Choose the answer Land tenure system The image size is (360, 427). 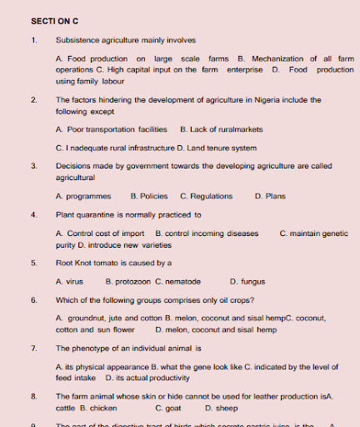point(219,148)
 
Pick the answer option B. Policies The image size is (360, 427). point(149,197)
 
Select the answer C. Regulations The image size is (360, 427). point(206,197)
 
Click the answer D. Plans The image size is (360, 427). point(270,197)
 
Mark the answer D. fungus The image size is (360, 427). point(247,282)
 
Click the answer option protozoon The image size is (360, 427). point(128,282)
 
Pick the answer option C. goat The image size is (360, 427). point(168,409)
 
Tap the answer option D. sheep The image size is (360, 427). point(219,409)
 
